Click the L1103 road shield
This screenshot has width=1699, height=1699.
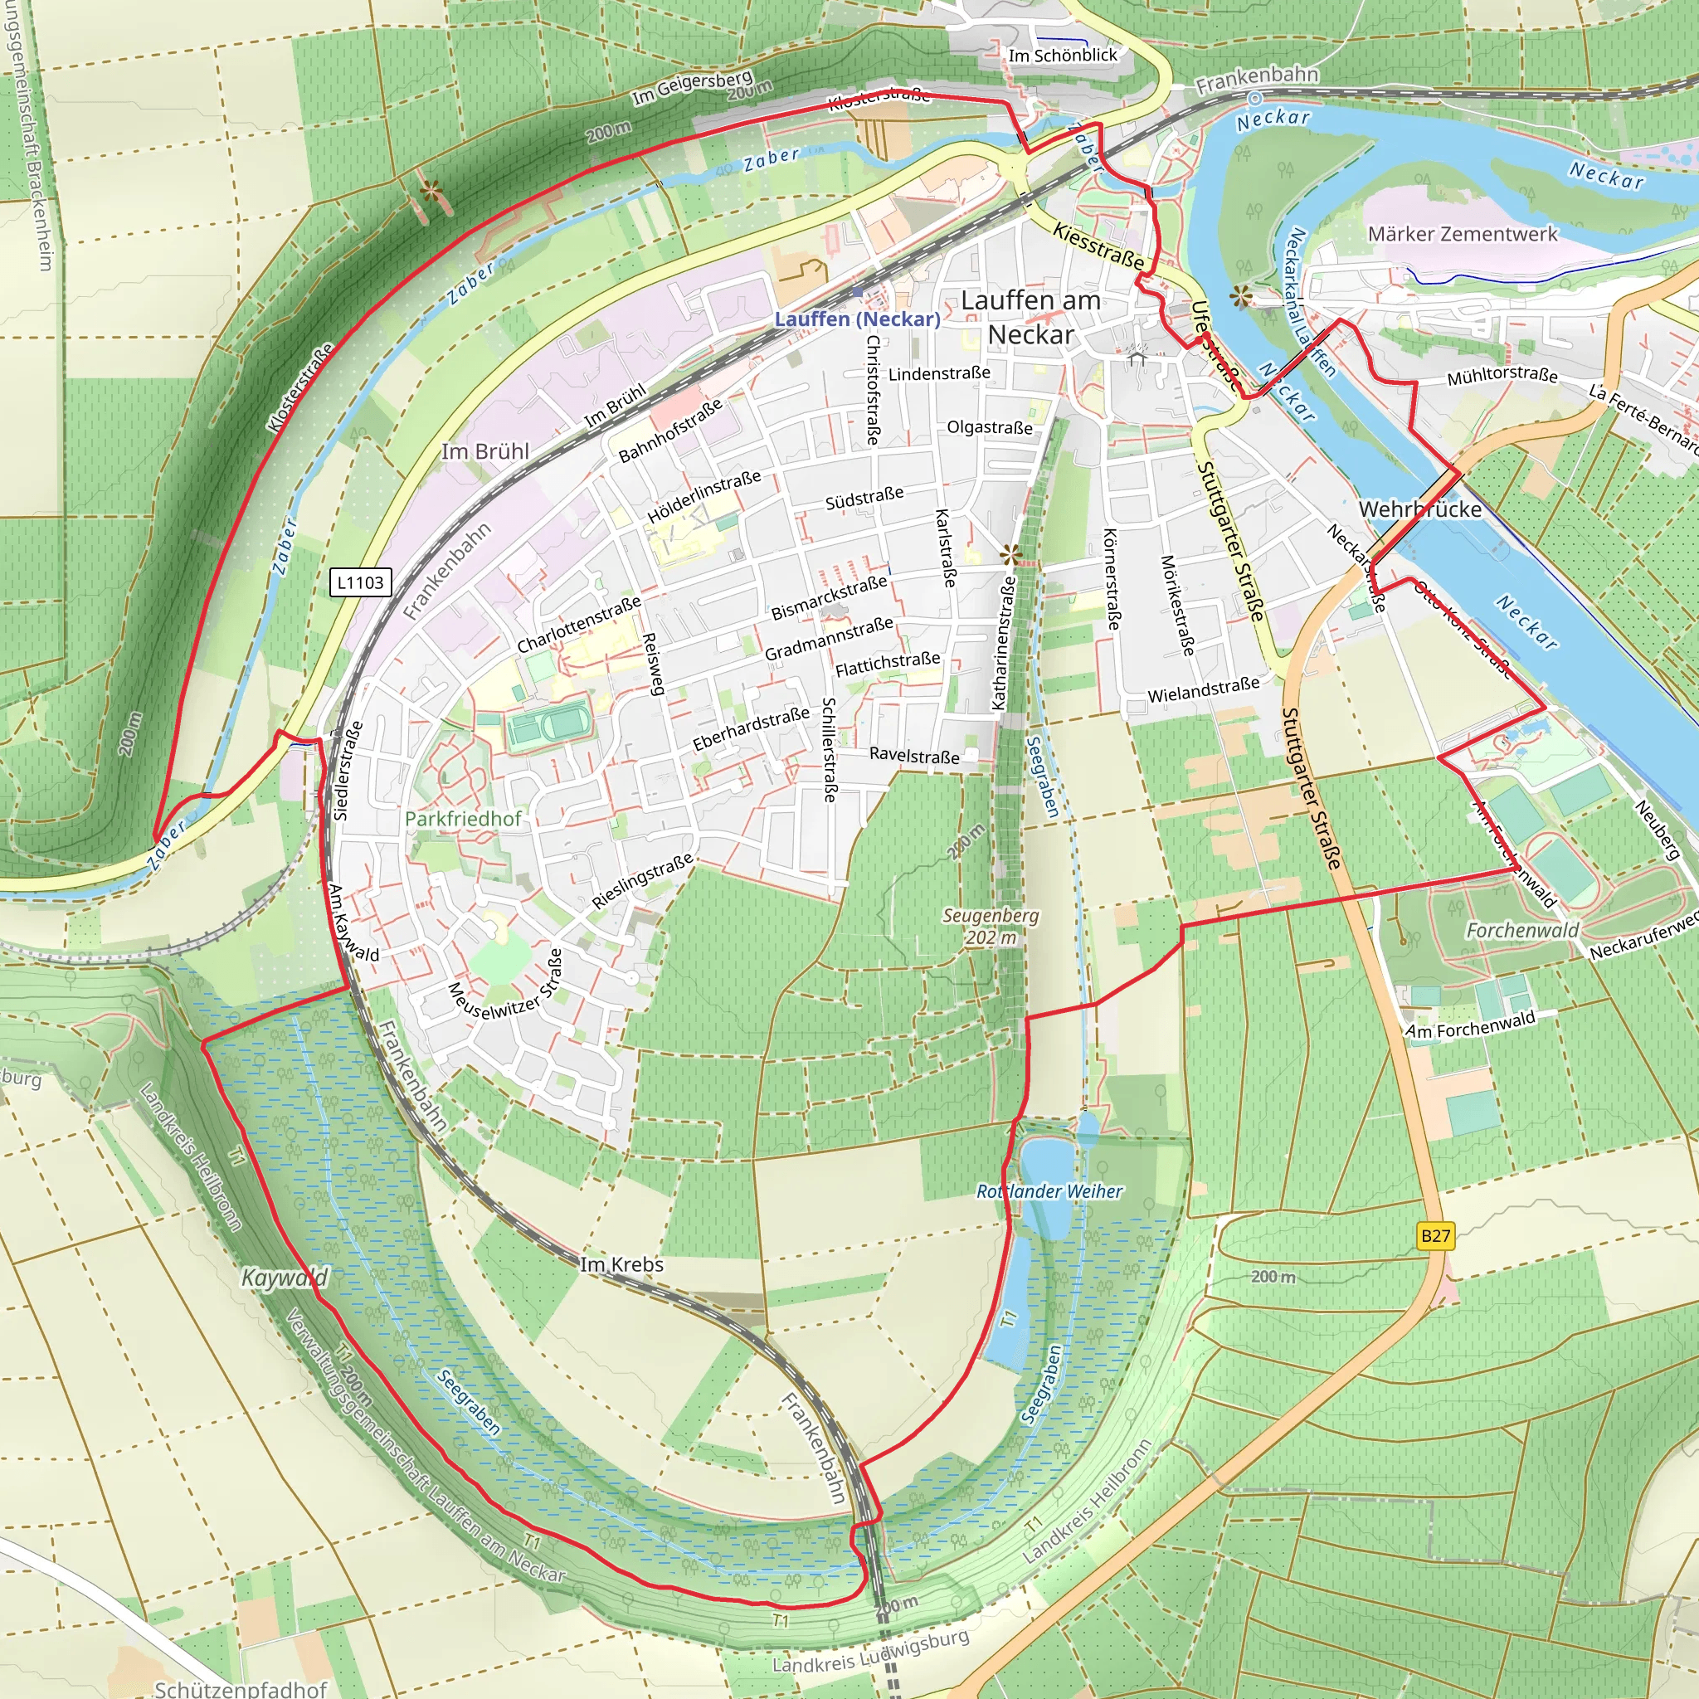(360, 582)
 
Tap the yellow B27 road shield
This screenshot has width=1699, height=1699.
(1435, 1235)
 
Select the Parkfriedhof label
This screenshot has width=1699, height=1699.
(463, 819)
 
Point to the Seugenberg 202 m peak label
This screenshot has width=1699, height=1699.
(991, 927)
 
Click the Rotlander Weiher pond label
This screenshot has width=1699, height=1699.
(1049, 1191)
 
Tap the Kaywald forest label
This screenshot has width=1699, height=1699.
(285, 1278)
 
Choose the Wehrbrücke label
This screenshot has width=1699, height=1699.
(1419, 509)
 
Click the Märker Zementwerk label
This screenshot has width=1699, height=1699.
(1462, 234)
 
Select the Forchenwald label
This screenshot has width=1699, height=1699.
(1522, 931)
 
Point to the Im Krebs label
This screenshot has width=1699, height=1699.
(621, 1264)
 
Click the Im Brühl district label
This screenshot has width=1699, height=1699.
(484, 452)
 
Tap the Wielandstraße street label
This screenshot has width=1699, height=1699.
(1203, 689)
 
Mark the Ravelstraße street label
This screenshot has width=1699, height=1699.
(914, 756)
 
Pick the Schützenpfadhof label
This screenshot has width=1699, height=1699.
(240, 1688)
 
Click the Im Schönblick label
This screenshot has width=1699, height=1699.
(1063, 56)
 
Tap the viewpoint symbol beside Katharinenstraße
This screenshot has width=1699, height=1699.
(1010, 555)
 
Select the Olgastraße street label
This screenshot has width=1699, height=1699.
(990, 427)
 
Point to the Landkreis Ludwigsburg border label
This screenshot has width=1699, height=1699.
(869, 1653)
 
